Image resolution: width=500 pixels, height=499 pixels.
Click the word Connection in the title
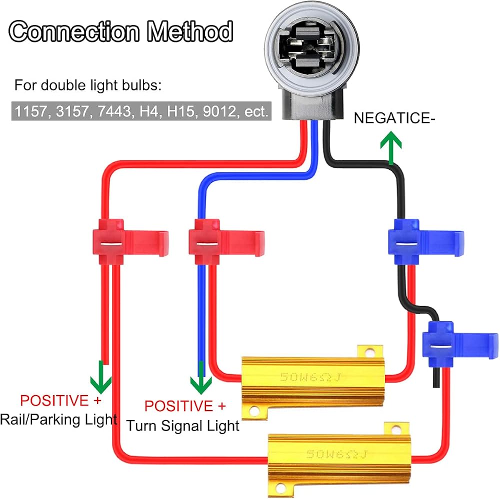pyautogui.click(x=74, y=31)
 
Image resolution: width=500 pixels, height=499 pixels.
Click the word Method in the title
pyautogui.click(x=189, y=31)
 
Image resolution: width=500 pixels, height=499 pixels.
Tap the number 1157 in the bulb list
pyautogui.click(x=31, y=111)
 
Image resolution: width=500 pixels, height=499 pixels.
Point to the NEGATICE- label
pyautogui.click(x=394, y=118)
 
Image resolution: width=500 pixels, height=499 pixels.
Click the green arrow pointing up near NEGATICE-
pyautogui.click(x=391, y=148)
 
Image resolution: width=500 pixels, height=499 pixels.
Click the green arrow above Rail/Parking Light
pyautogui.click(x=101, y=378)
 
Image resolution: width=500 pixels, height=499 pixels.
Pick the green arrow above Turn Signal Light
pyautogui.click(x=201, y=378)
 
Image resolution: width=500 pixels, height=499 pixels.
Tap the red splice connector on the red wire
pyautogui.click(x=130, y=242)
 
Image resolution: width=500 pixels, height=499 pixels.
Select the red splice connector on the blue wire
pyautogui.click(x=226, y=242)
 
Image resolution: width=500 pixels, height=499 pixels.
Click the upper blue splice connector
pyautogui.click(x=426, y=242)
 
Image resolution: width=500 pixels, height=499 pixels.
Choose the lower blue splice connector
pyautogui.click(x=460, y=344)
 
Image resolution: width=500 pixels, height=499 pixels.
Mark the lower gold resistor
pyautogui.click(x=339, y=459)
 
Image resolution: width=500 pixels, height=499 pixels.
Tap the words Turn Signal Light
pyautogui.click(x=182, y=426)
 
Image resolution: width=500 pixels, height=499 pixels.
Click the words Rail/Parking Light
pyautogui.click(x=58, y=420)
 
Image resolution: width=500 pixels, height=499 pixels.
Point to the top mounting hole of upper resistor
pyautogui.click(x=370, y=353)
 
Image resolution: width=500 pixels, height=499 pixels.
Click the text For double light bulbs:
pyautogui.click(x=88, y=85)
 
